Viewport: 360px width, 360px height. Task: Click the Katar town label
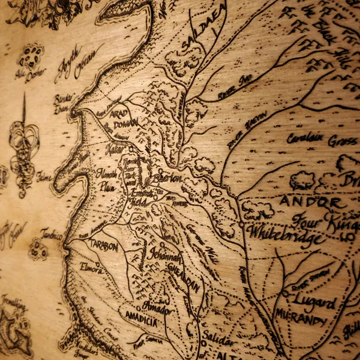114,148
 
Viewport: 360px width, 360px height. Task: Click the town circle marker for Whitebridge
241,224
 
